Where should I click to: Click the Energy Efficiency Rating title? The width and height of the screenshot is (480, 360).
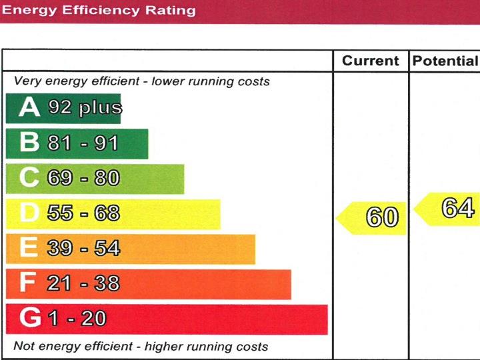99,10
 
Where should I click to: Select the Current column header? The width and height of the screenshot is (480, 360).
370,61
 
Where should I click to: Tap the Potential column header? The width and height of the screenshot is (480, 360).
445,61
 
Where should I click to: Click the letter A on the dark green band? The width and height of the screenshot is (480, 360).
29,107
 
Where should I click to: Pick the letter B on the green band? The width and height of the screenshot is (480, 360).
29,143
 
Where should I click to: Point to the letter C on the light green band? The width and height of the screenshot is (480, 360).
29,178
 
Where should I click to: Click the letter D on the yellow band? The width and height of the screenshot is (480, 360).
29,213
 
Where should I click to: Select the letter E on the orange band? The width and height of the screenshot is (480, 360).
29,248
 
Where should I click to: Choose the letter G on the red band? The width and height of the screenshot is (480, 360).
30,319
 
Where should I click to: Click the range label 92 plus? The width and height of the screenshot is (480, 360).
84,107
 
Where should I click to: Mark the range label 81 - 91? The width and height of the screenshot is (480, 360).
83,143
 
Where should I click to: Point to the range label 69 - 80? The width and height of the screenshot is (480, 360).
83,178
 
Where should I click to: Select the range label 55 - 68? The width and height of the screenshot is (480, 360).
83,213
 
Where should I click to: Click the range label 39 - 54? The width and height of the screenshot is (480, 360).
83,248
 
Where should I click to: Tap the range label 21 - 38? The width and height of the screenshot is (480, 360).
83,283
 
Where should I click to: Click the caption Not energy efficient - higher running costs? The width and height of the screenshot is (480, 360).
141,347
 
